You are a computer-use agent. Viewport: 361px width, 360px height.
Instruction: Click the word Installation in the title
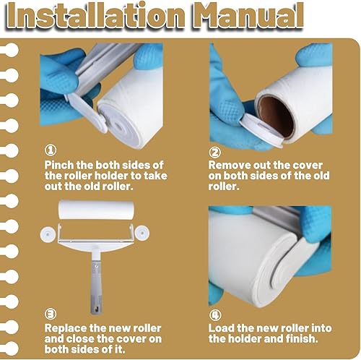click(x=97, y=17)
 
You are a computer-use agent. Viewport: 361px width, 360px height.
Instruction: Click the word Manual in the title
click(x=248, y=17)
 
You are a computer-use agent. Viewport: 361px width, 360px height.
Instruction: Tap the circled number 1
click(x=51, y=150)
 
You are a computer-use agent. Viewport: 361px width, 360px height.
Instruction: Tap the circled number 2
click(x=214, y=153)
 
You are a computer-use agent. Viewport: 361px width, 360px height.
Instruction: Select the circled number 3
click(x=51, y=314)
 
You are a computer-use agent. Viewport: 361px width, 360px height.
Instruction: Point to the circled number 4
click(x=215, y=315)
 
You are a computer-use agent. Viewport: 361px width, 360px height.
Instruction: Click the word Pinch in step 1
click(x=59, y=166)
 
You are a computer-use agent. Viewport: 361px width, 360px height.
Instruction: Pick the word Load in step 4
click(x=221, y=328)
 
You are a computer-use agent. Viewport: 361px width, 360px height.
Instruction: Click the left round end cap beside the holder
click(x=48, y=233)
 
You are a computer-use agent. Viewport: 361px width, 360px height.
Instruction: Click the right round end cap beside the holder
click(x=142, y=233)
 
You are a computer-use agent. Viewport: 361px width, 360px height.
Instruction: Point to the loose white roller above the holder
click(x=96, y=210)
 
